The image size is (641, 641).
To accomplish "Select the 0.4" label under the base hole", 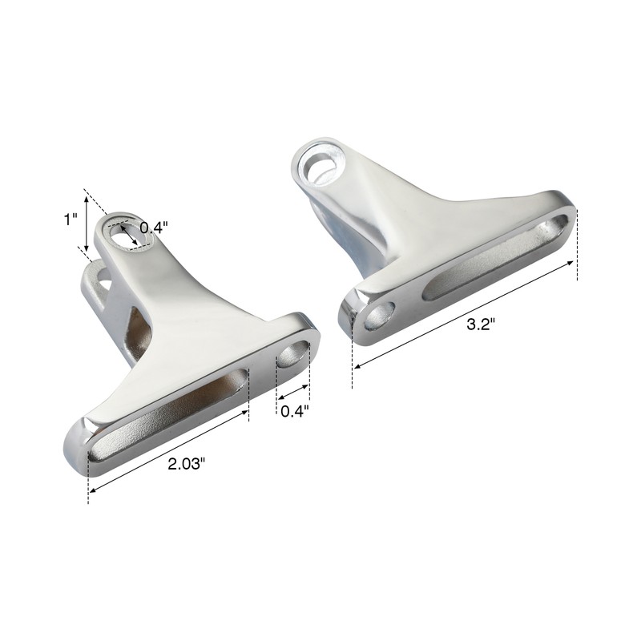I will [x=294, y=411].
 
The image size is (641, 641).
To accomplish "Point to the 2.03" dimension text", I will [x=191, y=463].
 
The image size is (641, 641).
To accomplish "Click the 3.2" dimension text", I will [x=481, y=324].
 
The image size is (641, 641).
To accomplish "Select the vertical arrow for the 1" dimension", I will [x=86, y=220].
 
